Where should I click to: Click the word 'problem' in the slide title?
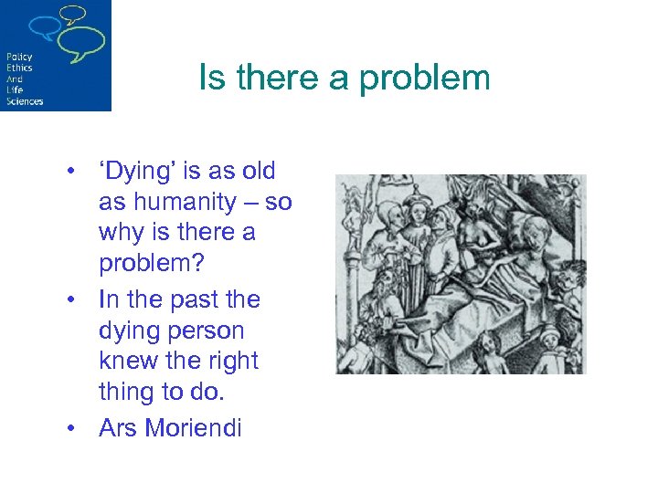[x=425, y=79]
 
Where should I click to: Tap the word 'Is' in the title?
[x=211, y=79]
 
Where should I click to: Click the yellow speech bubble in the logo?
[x=73, y=14]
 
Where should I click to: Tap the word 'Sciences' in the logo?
[x=24, y=101]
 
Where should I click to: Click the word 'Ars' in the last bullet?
[x=120, y=427]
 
